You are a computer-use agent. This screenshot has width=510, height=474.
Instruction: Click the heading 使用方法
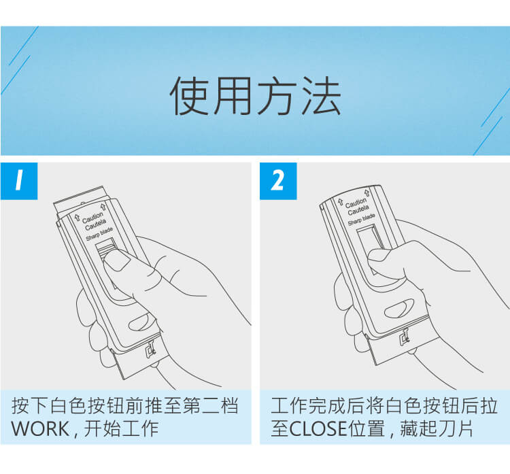pos(255,96)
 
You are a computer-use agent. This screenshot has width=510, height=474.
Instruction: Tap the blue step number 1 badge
pos(19,181)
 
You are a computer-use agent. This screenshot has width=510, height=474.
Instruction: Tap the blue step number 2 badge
pos(278,181)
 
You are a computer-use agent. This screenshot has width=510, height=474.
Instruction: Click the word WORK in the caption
pos(40,429)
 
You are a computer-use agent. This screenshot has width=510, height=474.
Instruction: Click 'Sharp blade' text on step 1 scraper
pos(99,234)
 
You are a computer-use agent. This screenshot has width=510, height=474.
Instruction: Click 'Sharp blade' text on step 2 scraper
pos(361,220)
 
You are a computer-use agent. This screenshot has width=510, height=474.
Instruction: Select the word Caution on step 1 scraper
pos(92,217)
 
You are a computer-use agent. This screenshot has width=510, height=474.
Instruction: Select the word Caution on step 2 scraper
pos(356,203)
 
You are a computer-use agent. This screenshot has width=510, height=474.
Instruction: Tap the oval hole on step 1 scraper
pos(140,322)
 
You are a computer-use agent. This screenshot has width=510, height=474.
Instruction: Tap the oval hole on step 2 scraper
pos(399,308)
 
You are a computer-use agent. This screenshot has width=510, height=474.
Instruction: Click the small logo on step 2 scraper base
pos(404,337)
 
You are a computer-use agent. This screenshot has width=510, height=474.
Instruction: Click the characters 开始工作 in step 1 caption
pos(121,429)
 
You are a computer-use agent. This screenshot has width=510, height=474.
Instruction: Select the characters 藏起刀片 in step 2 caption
pos(436,429)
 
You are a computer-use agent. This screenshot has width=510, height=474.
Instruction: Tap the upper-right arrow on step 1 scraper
pos(103,207)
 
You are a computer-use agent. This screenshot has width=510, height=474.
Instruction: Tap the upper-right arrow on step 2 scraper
pos(367,192)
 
